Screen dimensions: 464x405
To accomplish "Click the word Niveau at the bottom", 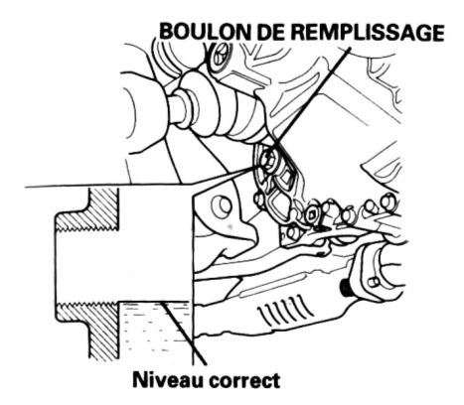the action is (168, 380).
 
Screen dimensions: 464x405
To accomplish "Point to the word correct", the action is (244, 381).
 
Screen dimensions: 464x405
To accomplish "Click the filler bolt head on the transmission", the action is (269, 160).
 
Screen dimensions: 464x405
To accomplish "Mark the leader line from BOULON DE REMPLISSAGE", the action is (311, 96).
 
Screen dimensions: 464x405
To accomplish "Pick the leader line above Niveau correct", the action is (185, 334).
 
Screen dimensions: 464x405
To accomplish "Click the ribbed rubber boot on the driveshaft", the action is (226, 109).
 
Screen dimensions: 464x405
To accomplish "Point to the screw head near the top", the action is (221, 57).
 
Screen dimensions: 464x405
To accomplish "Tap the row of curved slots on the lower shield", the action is (285, 311).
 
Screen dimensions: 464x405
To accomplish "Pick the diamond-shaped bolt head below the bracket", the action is (311, 215).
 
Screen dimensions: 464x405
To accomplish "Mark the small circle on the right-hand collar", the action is (376, 282).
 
